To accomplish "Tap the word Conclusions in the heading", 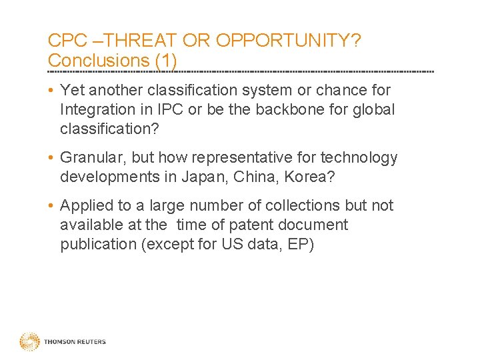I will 99,61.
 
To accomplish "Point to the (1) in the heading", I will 165,61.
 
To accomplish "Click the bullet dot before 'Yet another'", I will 51,90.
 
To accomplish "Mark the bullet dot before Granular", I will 51,158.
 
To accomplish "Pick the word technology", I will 359,158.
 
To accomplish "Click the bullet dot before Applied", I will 51,206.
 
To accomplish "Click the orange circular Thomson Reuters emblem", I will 29,342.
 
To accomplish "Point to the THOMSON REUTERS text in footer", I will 75,342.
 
